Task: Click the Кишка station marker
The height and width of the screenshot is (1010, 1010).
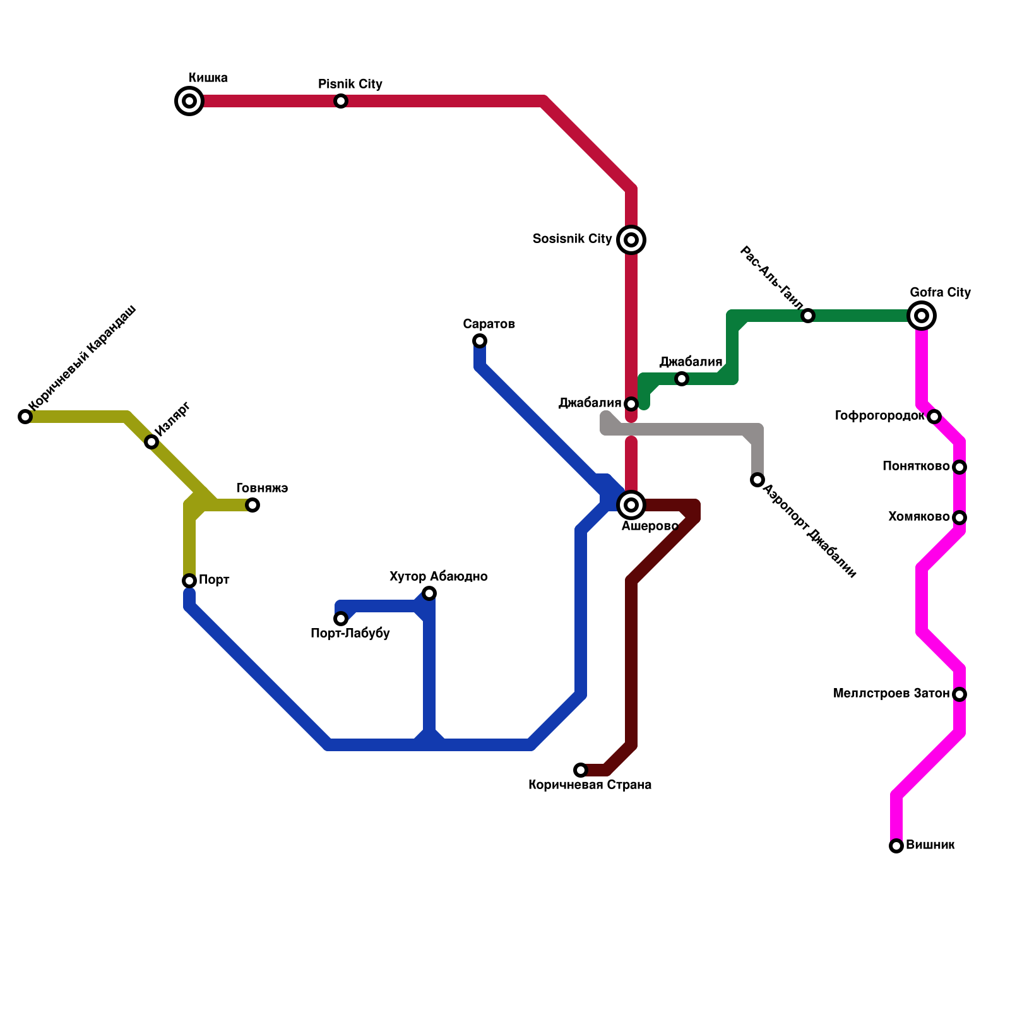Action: [189, 101]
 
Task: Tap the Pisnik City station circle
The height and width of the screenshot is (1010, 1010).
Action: [341, 101]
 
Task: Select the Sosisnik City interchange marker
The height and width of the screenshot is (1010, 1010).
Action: [631, 240]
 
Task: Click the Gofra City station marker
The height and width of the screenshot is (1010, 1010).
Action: [922, 316]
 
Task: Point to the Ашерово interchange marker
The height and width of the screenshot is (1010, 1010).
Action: [631, 505]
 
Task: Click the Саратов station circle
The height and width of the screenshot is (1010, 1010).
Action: [480, 341]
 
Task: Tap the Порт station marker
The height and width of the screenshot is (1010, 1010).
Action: [189, 581]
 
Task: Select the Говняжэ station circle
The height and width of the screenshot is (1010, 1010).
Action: [252, 505]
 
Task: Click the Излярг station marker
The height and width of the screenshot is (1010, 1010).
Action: [151, 442]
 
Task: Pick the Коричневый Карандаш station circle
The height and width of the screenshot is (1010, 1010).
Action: [25, 417]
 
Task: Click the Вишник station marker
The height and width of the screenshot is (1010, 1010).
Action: [896, 846]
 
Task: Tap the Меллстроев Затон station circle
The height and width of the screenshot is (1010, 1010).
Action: [959, 694]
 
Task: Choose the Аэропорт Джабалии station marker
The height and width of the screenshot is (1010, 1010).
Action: [757, 480]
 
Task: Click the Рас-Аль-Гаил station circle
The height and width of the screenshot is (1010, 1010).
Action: [808, 316]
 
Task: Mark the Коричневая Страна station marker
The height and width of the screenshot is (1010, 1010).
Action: [581, 770]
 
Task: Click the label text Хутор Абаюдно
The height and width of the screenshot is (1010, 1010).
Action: [438, 576]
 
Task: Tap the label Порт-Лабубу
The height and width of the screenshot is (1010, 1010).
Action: [350, 634]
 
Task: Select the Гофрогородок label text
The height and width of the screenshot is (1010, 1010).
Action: [879, 416]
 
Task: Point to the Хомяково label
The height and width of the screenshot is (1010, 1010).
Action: [918, 517]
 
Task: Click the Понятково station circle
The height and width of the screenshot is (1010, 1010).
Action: [959, 467]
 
